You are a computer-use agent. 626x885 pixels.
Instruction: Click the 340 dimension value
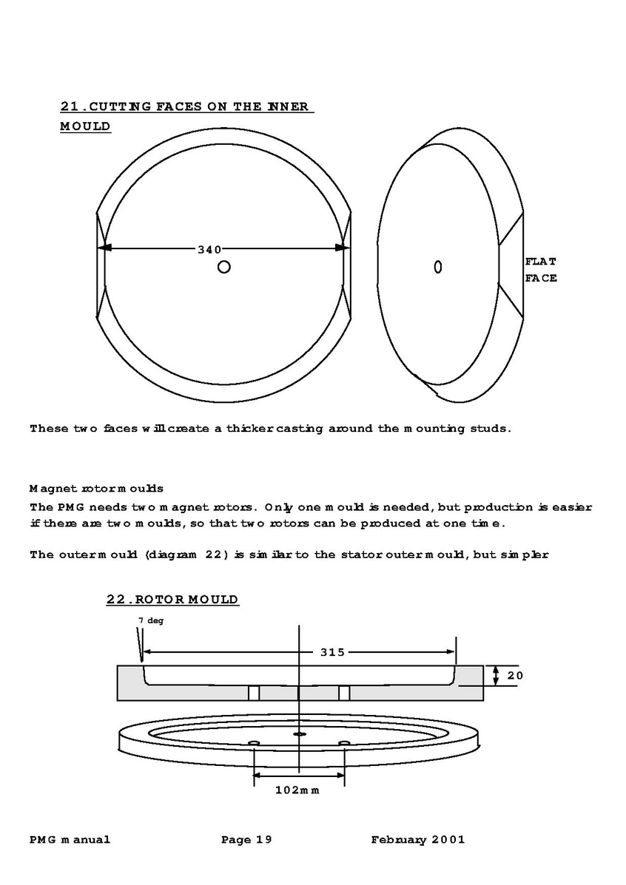(209, 249)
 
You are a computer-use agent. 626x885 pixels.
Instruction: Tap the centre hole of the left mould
(223, 267)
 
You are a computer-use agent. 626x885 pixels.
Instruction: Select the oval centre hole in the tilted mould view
(438, 266)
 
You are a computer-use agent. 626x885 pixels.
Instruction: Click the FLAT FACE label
(540, 270)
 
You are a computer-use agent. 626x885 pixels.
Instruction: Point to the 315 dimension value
(332, 652)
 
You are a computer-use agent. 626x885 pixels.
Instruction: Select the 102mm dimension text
(297, 790)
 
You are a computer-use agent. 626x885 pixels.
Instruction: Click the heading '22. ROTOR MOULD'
(172, 600)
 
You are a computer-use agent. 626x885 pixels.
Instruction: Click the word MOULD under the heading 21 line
(85, 126)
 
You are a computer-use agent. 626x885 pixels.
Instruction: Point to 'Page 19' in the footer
(247, 839)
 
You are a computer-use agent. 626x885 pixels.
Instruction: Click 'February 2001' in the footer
(418, 839)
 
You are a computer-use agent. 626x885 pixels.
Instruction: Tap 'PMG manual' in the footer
(70, 839)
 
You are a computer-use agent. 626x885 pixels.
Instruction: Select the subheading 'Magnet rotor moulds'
(96, 489)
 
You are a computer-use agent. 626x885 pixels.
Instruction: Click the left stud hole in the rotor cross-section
(254, 693)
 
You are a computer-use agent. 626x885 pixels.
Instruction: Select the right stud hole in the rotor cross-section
(344, 693)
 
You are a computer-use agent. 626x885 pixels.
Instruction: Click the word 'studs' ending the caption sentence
(491, 428)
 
